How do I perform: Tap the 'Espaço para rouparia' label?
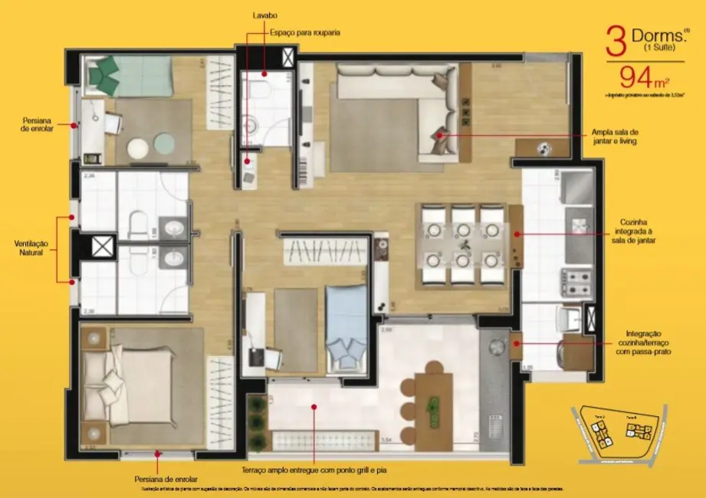click(304, 33)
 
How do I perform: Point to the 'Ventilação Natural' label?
click(31, 247)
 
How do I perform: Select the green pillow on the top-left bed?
click(103, 73)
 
